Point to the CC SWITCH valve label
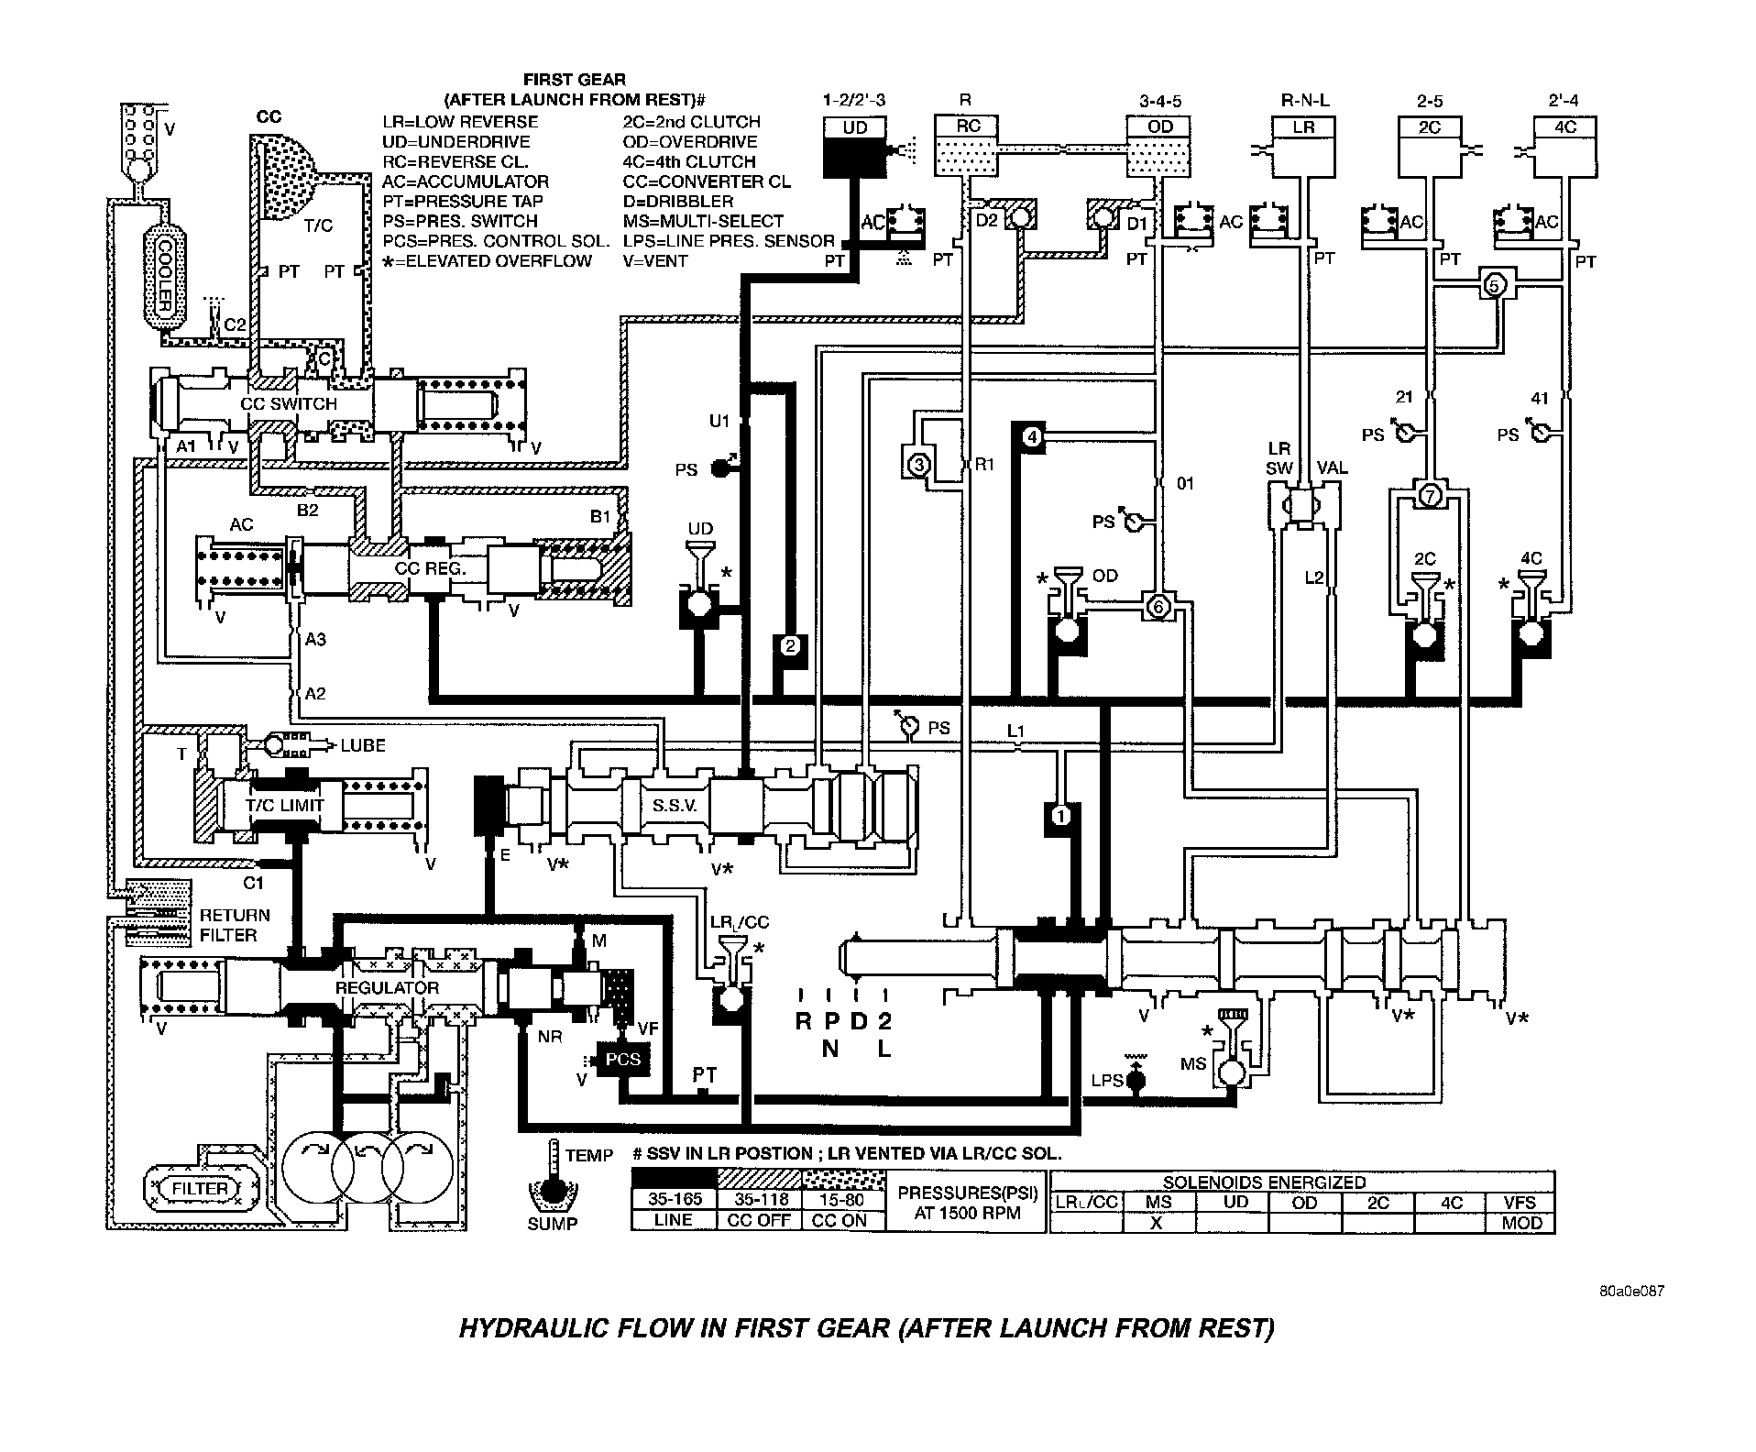pos(289,403)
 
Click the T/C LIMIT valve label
pos(284,805)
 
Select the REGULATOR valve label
pos(387,987)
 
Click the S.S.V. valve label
pos(675,806)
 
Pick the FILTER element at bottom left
pos(200,1189)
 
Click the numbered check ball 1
pos(1060,815)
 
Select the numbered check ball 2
pos(791,645)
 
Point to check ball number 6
pos(1158,606)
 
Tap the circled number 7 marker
pos(1429,496)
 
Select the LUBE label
pos(363,745)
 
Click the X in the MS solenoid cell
pos(1157,1223)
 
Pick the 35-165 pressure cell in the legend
pos(673,1200)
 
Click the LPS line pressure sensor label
pos(1107,1081)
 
